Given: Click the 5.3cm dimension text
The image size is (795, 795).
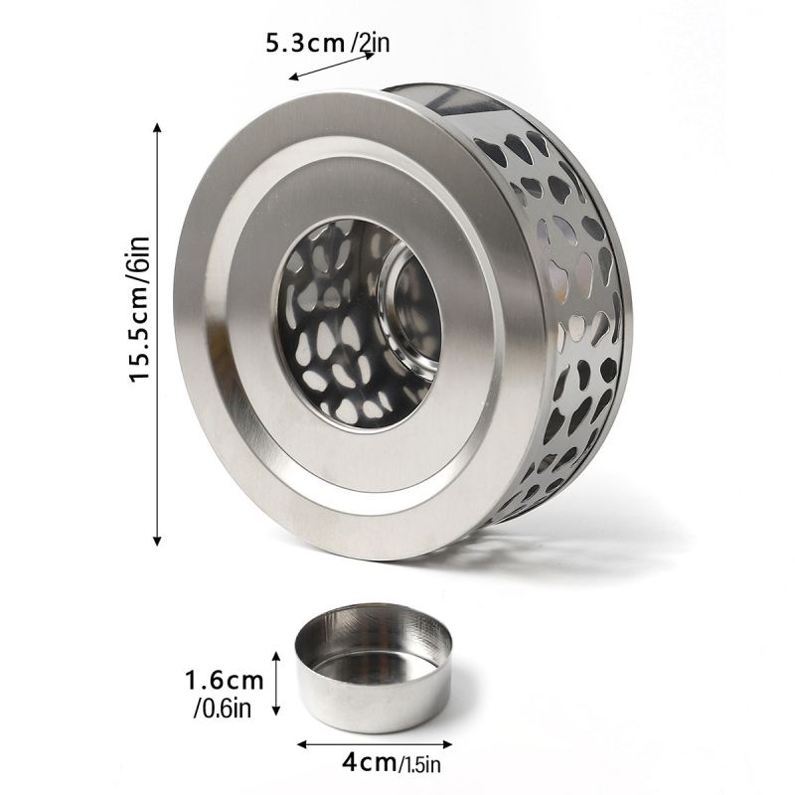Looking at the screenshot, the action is (x=305, y=43).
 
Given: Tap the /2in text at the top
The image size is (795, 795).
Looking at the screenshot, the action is (x=370, y=43).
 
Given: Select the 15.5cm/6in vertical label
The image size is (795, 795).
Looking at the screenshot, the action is (x=140, y=309).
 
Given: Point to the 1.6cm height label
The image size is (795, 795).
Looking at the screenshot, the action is (x=225, y=680).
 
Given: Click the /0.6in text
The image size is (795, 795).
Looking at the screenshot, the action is (x=222, y=709).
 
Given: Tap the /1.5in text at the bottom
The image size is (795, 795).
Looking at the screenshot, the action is (x=419, y=763).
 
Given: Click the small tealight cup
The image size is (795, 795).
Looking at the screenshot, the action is (x=374, y=668).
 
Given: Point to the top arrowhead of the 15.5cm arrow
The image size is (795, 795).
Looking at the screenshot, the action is (x=157, y=127).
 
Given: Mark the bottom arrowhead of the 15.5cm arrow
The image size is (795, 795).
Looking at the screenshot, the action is (x=157, y=541).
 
